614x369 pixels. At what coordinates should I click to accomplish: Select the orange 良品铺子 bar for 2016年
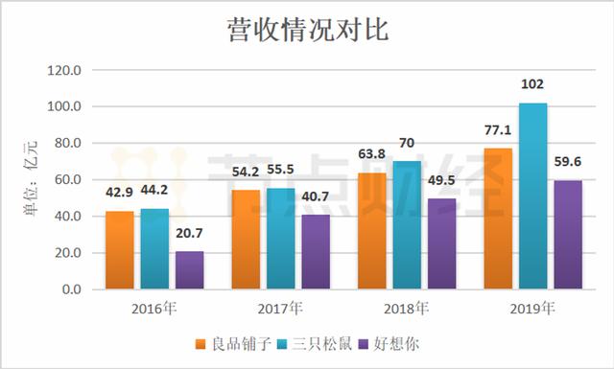tap(120, 250)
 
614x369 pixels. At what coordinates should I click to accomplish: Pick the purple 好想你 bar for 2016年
tap(189, 270)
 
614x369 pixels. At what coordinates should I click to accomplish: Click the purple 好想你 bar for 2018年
tap(442, 243)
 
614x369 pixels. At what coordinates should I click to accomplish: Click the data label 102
tap(532, 86)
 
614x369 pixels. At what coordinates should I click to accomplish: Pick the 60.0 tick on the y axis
tap(70, 180)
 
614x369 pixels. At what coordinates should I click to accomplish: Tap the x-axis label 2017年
tap(281, 309)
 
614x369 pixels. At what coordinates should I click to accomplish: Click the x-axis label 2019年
tap(532, 309)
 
